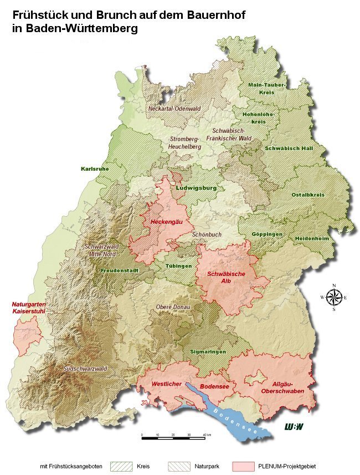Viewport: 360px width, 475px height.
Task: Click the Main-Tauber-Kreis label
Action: click(266, 88)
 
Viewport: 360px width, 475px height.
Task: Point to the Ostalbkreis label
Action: click(308, 195)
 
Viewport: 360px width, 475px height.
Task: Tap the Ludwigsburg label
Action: click(196, 188)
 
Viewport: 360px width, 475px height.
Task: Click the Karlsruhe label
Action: click(95, 168)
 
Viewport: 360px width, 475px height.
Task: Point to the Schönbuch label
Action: click(207, 234)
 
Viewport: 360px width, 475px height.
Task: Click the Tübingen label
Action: click(179, 266)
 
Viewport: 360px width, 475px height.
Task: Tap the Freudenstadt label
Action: click(119, 270)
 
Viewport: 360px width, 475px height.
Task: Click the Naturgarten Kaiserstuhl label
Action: click(29, 308)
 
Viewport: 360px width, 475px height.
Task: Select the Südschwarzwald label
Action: click(85, 368)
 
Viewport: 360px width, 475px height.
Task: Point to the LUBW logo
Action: click(294, 426)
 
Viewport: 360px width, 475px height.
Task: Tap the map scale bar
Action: click(173, 437)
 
